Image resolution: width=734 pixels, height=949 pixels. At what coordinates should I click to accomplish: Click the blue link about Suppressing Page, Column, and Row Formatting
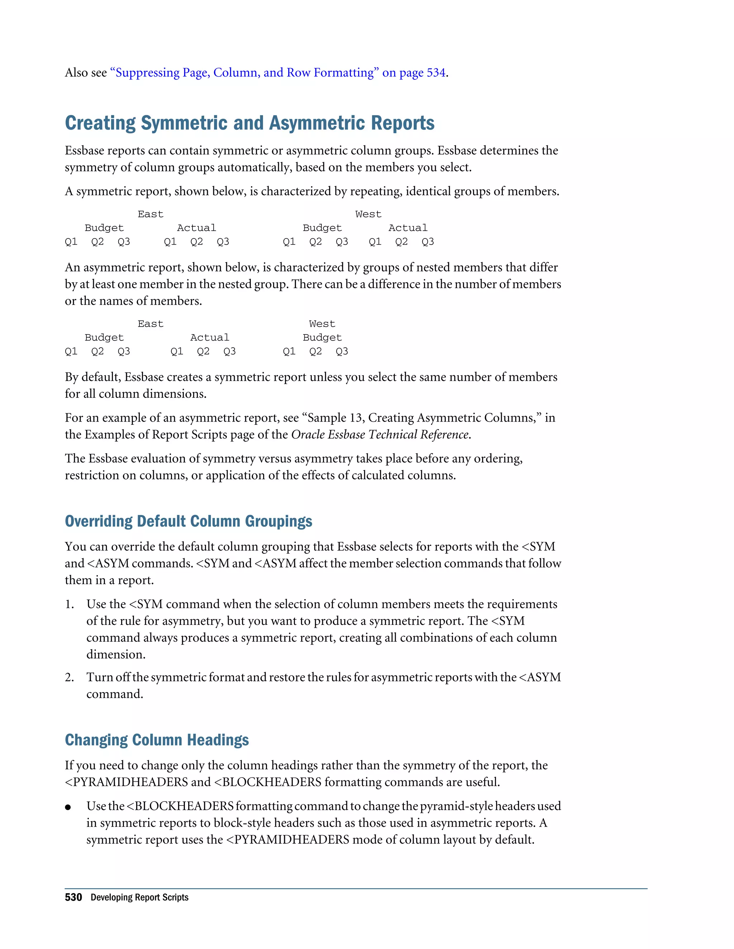pos(278,73)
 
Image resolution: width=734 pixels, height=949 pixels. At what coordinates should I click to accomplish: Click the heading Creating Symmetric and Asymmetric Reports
pos(249,123)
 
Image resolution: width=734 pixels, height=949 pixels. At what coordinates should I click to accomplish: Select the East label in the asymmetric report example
pos(151,324)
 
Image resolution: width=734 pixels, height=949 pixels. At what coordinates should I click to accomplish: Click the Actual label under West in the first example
pos(407,228)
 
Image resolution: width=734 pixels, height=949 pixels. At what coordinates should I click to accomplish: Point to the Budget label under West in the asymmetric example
pos(322,338)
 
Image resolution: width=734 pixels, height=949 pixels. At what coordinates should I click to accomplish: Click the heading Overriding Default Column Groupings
pos(188,521)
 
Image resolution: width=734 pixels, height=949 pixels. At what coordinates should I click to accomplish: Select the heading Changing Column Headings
pos(157,740)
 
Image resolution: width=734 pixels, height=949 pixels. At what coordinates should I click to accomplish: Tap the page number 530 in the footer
pos(73,897)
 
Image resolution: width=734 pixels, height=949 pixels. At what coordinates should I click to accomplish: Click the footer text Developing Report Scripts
pos(139,897)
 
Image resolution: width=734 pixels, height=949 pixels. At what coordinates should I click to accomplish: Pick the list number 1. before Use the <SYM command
pos(70,604)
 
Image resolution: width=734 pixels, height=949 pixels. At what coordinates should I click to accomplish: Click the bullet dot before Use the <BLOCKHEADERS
pos(68,807)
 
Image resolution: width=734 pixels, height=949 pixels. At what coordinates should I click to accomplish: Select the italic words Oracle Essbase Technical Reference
pos(380,434)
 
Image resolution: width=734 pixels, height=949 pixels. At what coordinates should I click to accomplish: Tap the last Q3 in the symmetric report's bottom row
pos(428,242)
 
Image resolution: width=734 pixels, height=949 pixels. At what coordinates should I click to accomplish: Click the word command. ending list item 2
pos(114,694)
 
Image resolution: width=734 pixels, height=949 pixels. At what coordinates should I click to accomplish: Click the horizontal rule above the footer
pos(356,888)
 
